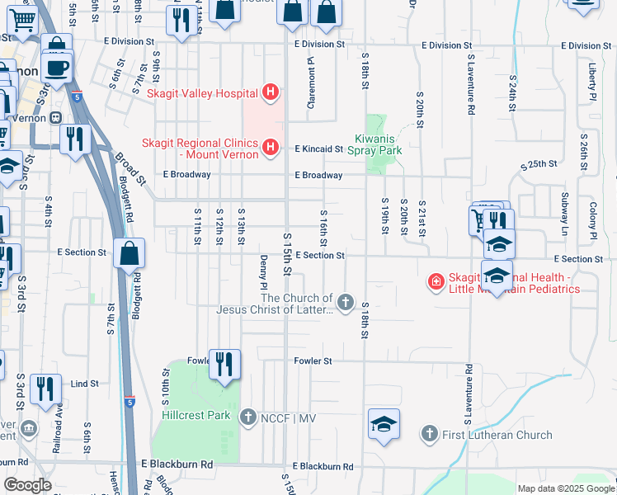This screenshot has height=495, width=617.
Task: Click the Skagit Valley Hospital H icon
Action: tap(270, 92)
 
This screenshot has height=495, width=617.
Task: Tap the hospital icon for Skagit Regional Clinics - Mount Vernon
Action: tap(270, 148)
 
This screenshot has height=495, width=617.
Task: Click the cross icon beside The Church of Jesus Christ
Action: tap(345, 304)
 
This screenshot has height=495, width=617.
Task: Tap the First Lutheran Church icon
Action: tap(429, 434)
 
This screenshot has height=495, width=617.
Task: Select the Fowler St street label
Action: tap(313, 361)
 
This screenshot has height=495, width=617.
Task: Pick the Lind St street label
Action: tap(84, 384)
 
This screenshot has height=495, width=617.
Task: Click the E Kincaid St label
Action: tap(318, 149)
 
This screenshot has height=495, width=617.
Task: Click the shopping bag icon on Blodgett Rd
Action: tap(130, 254)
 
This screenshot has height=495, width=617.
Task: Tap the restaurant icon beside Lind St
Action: tap(45, 389)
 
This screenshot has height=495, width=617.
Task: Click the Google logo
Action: tap(27, 485)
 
